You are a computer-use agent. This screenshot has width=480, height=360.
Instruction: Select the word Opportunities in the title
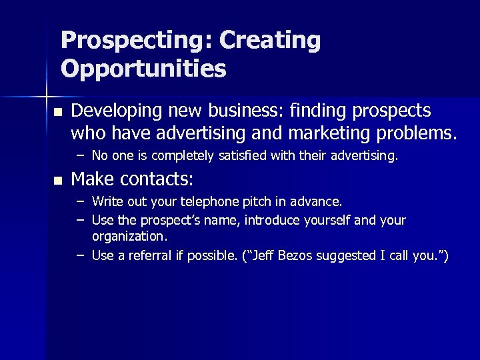click(143, 69)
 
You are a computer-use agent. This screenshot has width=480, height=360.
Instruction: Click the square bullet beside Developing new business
click(58, 111)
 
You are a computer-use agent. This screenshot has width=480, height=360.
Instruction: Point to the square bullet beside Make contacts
click(58, 180)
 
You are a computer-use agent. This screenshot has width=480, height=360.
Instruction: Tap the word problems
click(417, 133)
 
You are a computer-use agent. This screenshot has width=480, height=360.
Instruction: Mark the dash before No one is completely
click(80, 156)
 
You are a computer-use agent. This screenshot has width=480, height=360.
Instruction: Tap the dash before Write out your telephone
click(80, 201)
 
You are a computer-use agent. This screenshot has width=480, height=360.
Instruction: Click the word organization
click(129, 237)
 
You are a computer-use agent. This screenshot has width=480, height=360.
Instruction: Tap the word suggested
click(341, 256)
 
